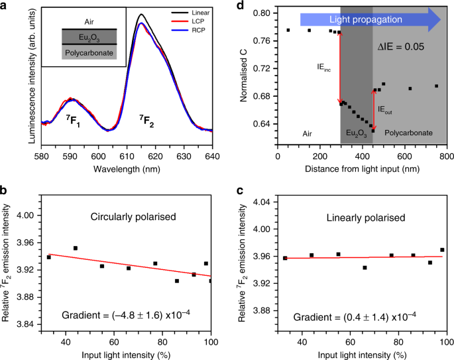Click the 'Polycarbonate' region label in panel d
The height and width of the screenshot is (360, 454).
coord(409,133)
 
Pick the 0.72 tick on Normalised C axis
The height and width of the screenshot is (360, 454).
coord(260,68)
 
